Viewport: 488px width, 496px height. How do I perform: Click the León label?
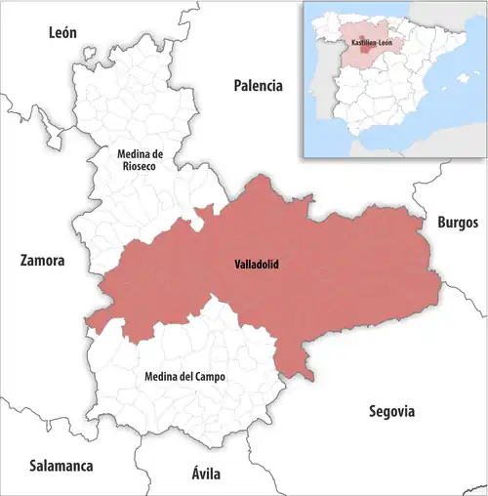click(62, 33)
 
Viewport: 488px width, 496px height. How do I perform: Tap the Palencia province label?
click(258, 86)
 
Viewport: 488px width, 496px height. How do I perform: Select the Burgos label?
click(458, 223)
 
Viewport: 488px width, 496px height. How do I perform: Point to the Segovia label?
click(392, 411)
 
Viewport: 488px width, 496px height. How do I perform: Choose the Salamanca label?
click(61, 466)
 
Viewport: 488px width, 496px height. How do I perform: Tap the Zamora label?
click(42, 262)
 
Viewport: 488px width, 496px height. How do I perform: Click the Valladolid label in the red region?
click(258, 265)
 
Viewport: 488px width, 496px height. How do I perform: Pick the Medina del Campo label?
click(178, 376)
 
